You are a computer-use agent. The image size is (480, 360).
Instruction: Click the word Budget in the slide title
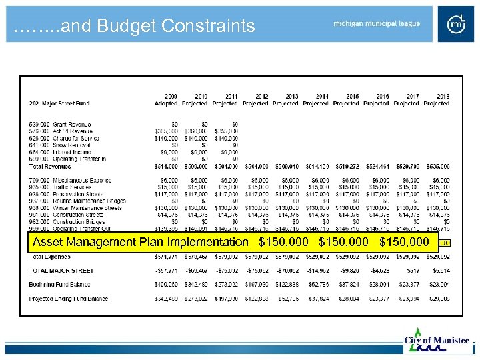click(129, 26)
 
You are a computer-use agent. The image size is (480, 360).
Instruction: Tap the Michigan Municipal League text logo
click(377, 24)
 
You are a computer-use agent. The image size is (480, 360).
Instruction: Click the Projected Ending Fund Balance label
click(68, 298)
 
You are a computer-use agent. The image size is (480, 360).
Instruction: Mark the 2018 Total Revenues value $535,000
click(436, 166)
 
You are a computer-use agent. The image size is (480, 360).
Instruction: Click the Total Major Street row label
click(61, 270)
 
